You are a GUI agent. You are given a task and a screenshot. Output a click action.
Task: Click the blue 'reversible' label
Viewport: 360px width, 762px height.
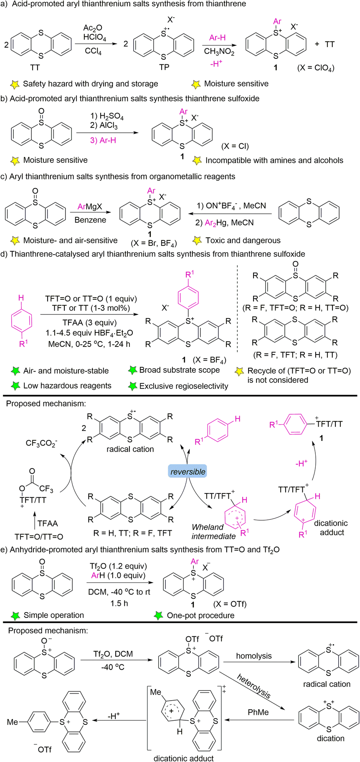[x=188, y=471]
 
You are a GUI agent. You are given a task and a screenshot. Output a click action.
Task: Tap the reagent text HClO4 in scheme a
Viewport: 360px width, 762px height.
[x=95, y=38]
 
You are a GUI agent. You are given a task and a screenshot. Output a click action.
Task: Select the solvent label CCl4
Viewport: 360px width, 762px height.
[x=93, y=53]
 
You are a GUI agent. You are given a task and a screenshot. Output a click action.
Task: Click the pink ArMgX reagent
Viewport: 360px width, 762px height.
[x=90, y=207]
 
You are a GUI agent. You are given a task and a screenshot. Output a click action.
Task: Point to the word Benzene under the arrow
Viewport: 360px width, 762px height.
[x=90, y=220]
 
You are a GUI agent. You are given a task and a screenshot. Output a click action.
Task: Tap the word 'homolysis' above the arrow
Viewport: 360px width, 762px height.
[x=254, y=656]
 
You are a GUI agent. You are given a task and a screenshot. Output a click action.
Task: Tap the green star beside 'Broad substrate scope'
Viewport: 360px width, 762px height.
[x=133, y=370]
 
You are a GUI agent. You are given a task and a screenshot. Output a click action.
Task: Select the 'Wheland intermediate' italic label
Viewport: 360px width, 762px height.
[x=213, y=532]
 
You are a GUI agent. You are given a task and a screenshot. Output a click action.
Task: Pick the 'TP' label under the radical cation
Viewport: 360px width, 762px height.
[x=164, y=67]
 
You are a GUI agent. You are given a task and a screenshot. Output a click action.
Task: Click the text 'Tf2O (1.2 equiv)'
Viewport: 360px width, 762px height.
[x=118, y=566]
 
